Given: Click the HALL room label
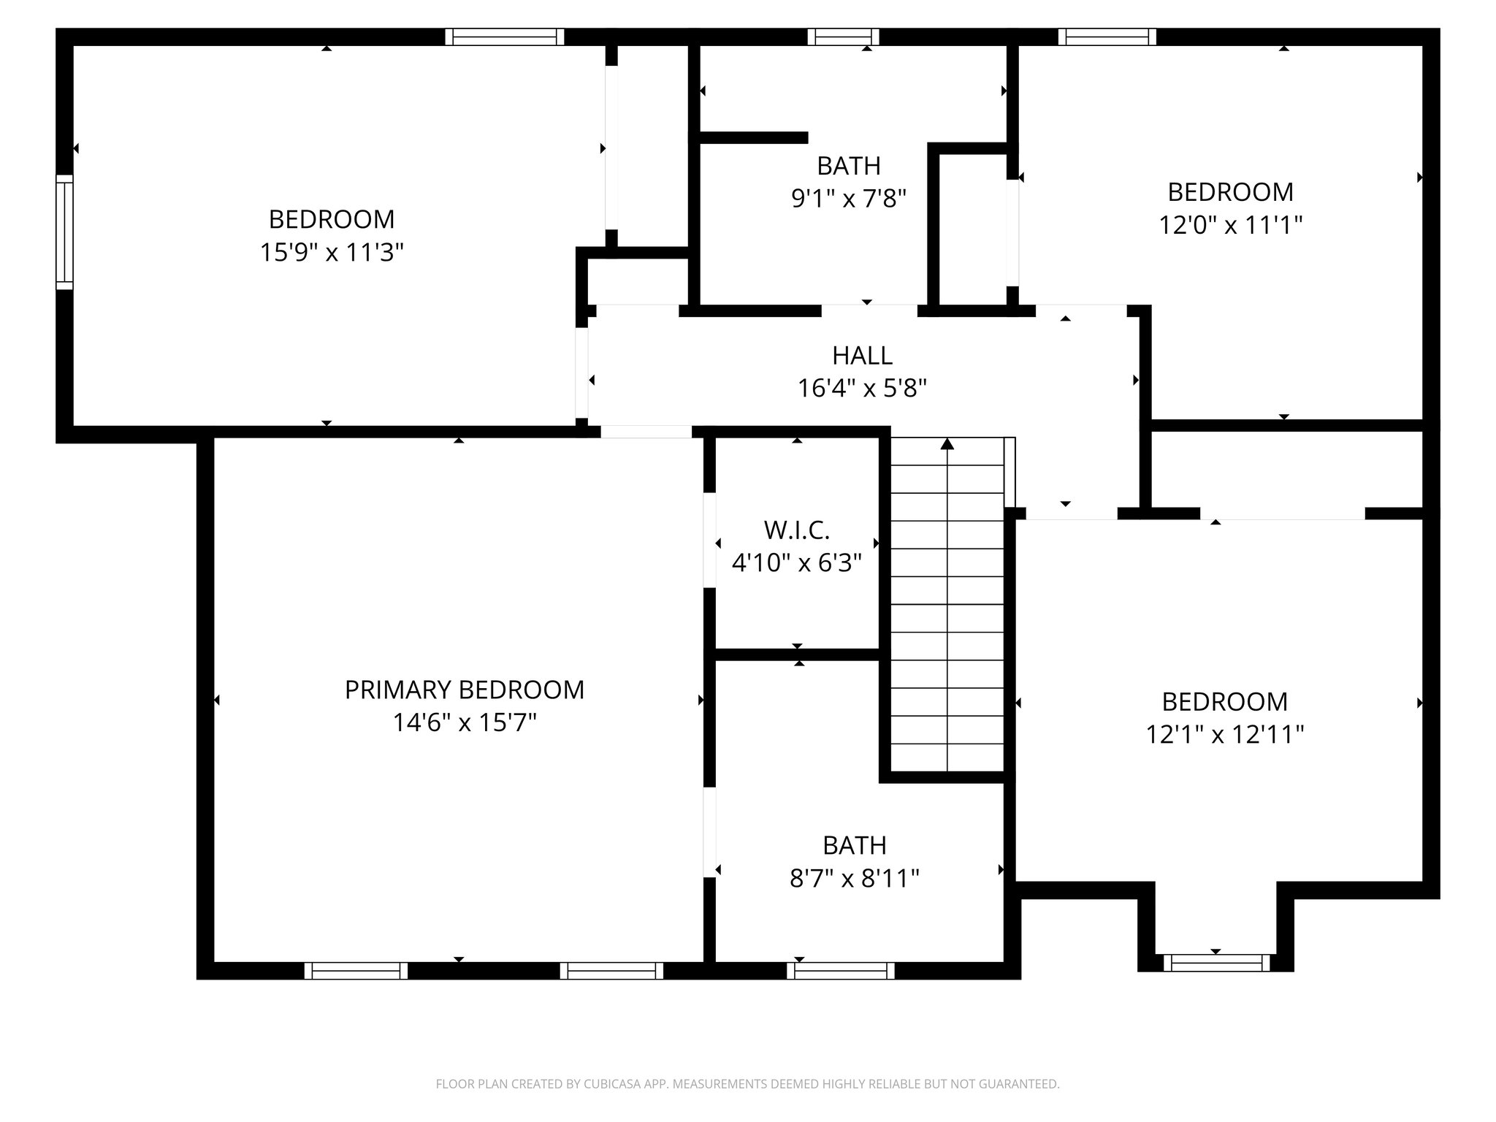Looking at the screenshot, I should tap(862, 356).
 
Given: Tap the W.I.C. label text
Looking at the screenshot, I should tap(796, 530).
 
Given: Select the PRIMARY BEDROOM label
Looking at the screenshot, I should tap(465, 690).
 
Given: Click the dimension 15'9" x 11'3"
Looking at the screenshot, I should tap(332, 253).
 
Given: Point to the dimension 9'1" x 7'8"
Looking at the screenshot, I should tap(849, 198).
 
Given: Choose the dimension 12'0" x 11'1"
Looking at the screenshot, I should tap(1231, 225).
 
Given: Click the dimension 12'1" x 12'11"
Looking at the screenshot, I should tap(1225, 734).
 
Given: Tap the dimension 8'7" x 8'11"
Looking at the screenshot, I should tap(854, 878).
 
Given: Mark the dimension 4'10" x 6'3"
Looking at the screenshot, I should tap(797, 563).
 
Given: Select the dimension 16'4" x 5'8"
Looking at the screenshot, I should tap(862, 389).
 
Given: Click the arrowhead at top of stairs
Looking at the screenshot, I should tap(947, 443).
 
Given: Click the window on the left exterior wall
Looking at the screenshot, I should tap(65, 232).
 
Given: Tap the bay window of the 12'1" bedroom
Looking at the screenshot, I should tap(1216, 963).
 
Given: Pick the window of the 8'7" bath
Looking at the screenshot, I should tap(841, 970).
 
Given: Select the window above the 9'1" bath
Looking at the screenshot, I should tap(843, 37).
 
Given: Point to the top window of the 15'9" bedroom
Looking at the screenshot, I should tap(505, 37).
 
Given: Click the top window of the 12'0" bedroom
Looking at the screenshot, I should tap(1107, 37).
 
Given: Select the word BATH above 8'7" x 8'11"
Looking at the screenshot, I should tap(854, 845).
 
